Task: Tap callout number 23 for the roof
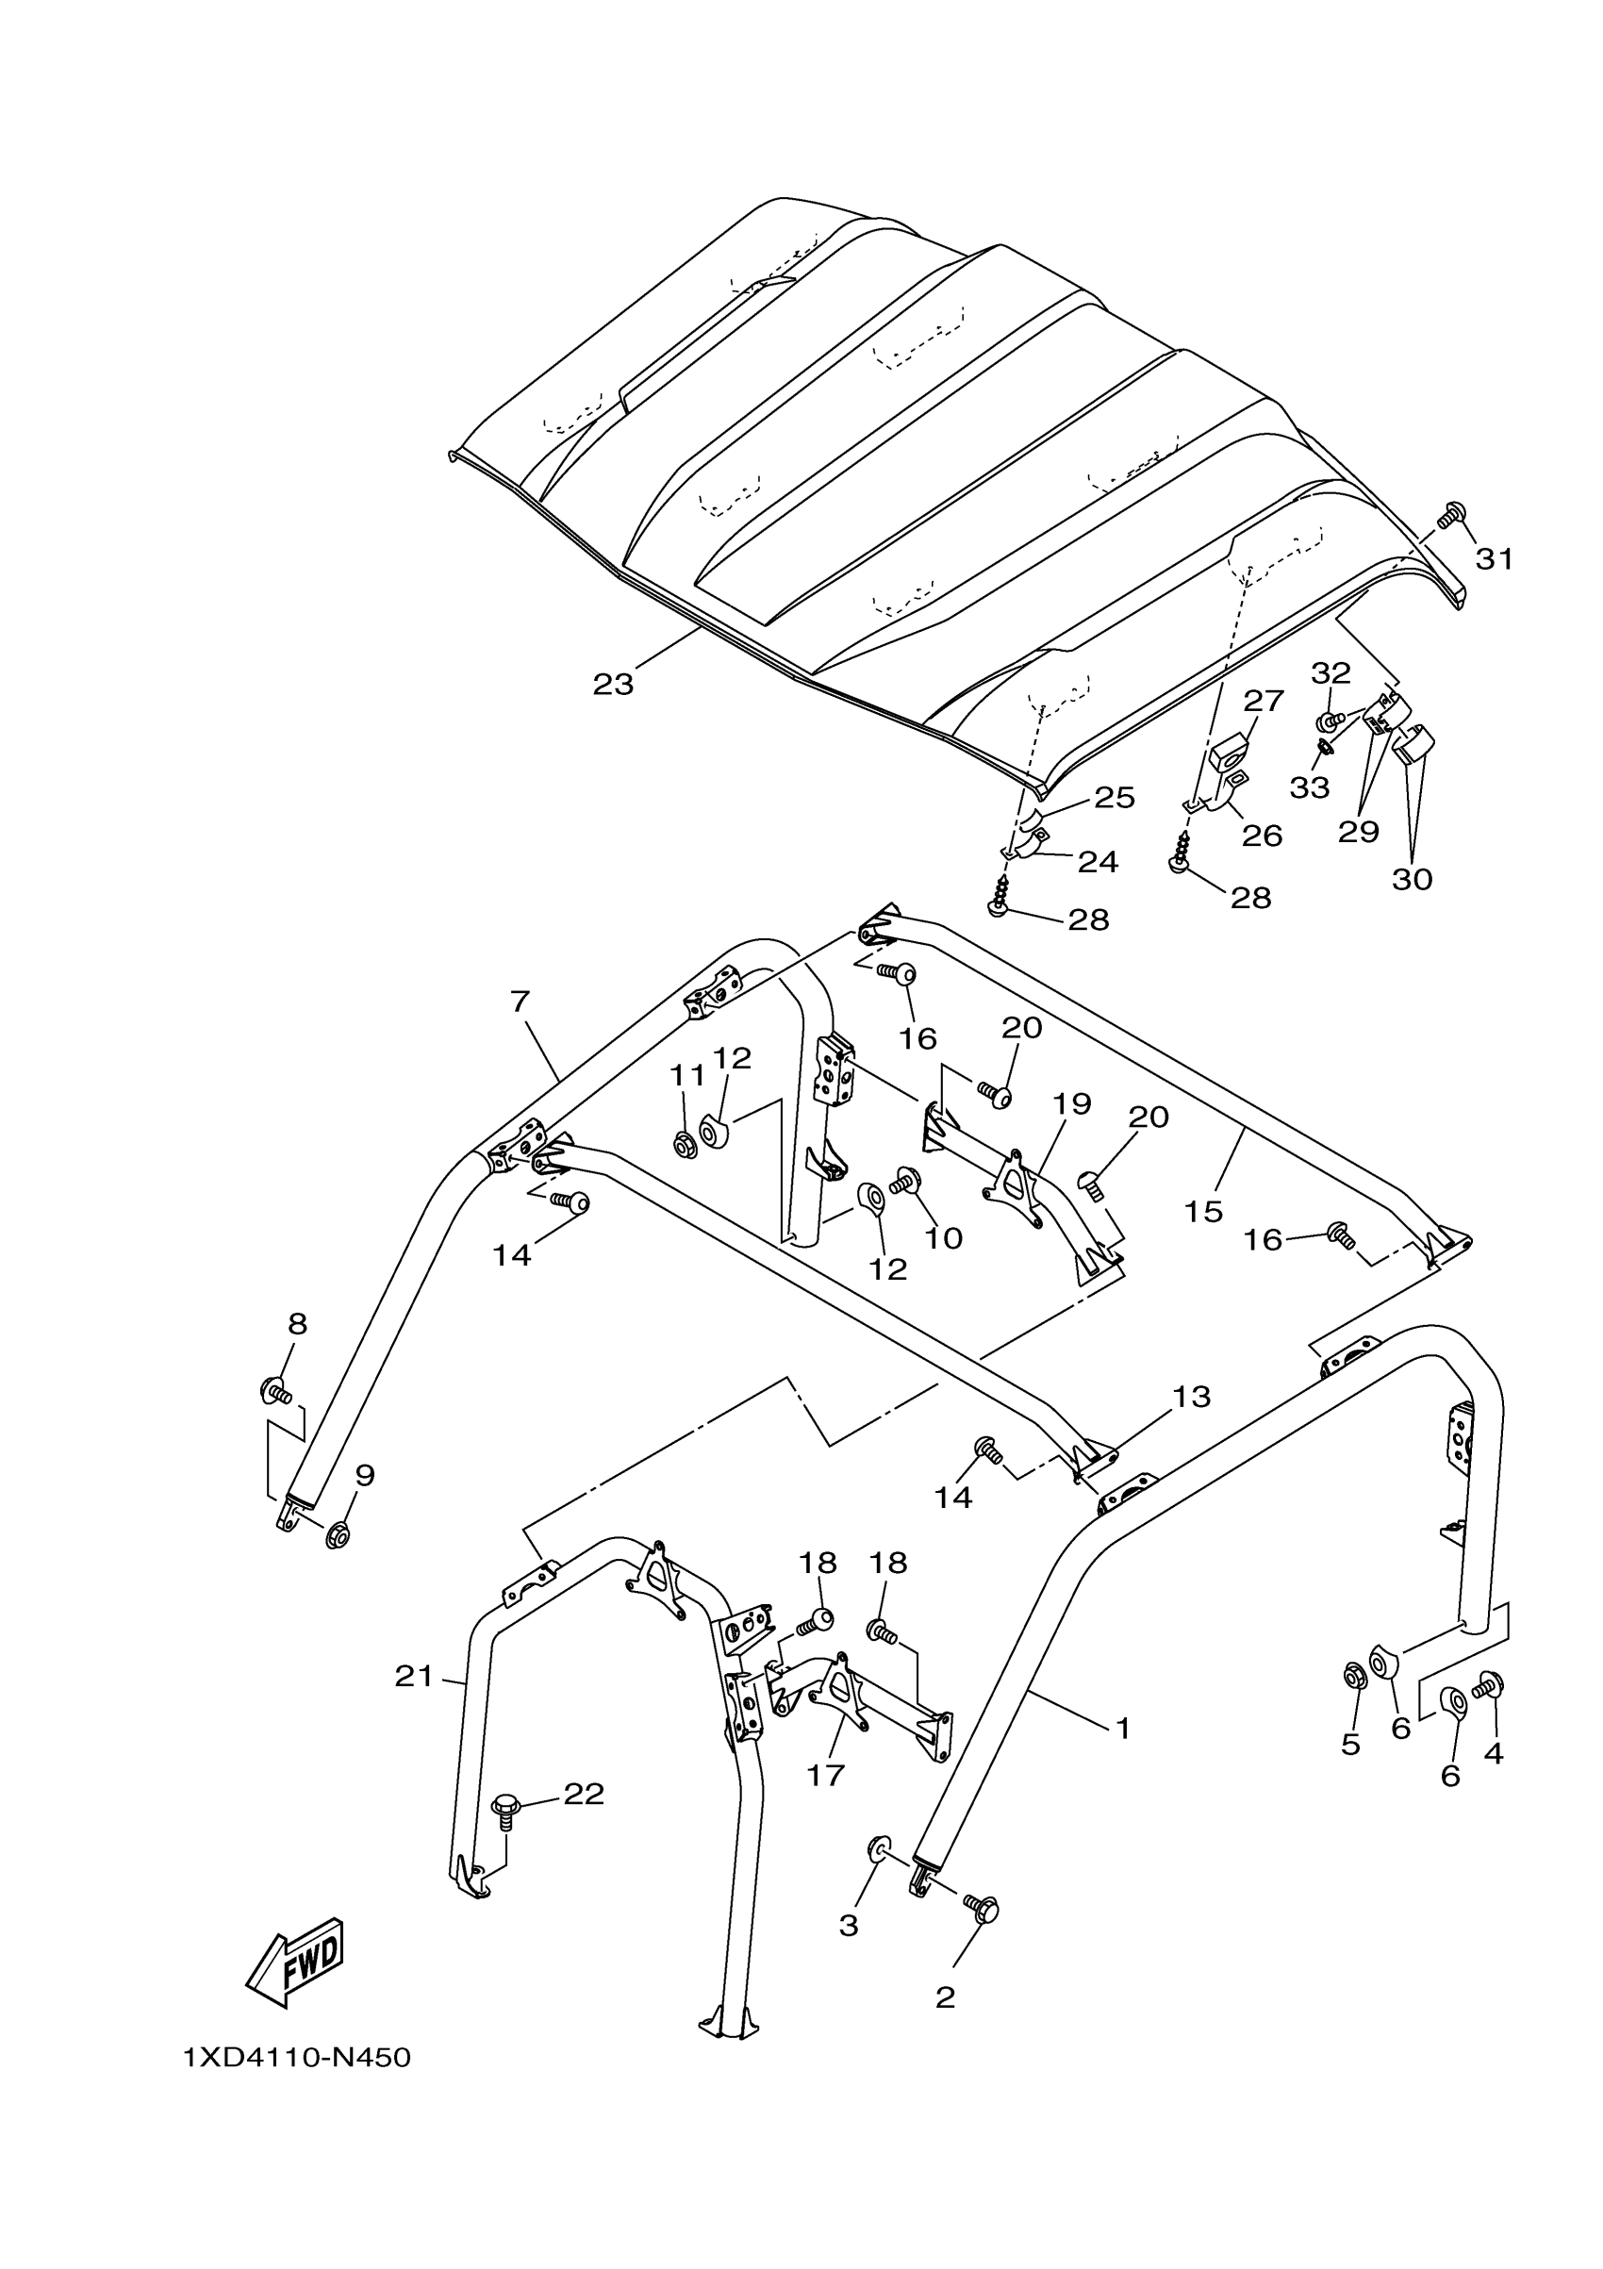(613, 684)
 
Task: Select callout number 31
(1495, 559)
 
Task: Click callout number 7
(521, 1002)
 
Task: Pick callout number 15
(1204, 1211)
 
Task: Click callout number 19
(1072, 1104)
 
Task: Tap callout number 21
(414, 1676)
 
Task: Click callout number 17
(826, 1775)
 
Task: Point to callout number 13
(1192, 1398)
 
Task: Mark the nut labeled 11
(683, 1147)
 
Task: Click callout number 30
(1412, 879)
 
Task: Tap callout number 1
(1122, 1728)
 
